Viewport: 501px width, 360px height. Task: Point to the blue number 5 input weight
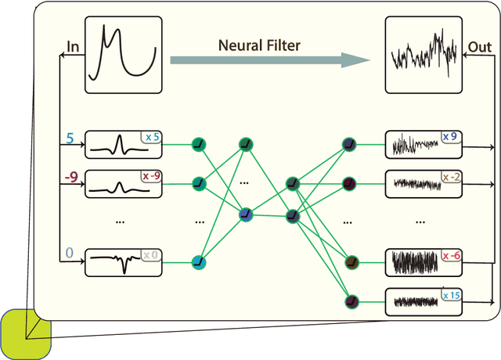click(70, 139)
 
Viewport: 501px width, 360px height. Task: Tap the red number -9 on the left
click(70, 178)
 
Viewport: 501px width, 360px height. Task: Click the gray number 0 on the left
click(69, 253)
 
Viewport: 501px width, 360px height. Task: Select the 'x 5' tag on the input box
click(151, 138)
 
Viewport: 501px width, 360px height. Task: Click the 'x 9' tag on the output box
click(451, 137)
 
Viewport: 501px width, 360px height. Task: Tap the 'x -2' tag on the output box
click(451, 177)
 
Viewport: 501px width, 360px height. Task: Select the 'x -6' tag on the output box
click(451, 255)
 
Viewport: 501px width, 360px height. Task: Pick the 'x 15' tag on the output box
click(451, 294)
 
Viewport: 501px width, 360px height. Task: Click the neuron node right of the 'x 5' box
click(199, 144)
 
